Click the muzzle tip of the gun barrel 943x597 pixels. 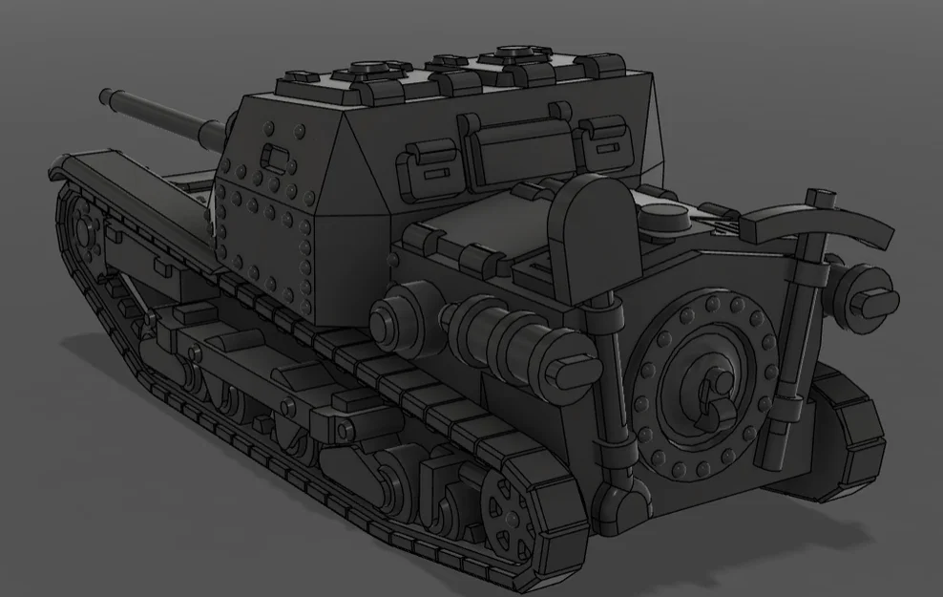tap(105, 96)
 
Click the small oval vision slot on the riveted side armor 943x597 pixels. tap(277, 155)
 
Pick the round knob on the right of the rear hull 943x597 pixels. tap(869, 290)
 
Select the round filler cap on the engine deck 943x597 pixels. tap(665, 219)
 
